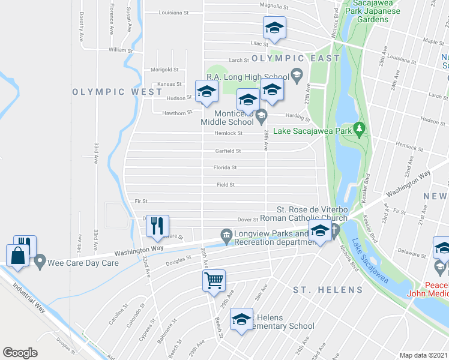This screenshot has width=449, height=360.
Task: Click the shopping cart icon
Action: tap(214, 280)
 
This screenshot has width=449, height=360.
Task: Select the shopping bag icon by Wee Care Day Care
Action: tap(18, 254)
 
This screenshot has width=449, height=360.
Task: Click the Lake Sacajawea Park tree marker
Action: tap(359, 128)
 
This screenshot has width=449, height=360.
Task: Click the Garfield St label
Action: tap(228, 151)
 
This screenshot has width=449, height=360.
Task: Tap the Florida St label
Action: tap(226, 168)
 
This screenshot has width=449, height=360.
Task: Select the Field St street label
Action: tap(226, 185)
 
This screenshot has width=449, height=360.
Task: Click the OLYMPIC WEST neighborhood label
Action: tap(118, 92)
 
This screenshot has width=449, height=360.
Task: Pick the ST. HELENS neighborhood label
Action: tap(328, 290)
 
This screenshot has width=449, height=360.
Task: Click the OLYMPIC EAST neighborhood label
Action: tap(296, 58)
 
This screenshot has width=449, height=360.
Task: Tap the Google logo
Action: tap(20, 353)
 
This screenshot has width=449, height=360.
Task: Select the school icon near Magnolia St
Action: tap(274, 28)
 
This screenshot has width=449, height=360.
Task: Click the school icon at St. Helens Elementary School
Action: tap(241, 319)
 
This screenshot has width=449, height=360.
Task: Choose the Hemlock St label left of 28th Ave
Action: tap(230, 133)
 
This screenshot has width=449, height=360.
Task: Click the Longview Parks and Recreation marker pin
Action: tap(226, 235)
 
